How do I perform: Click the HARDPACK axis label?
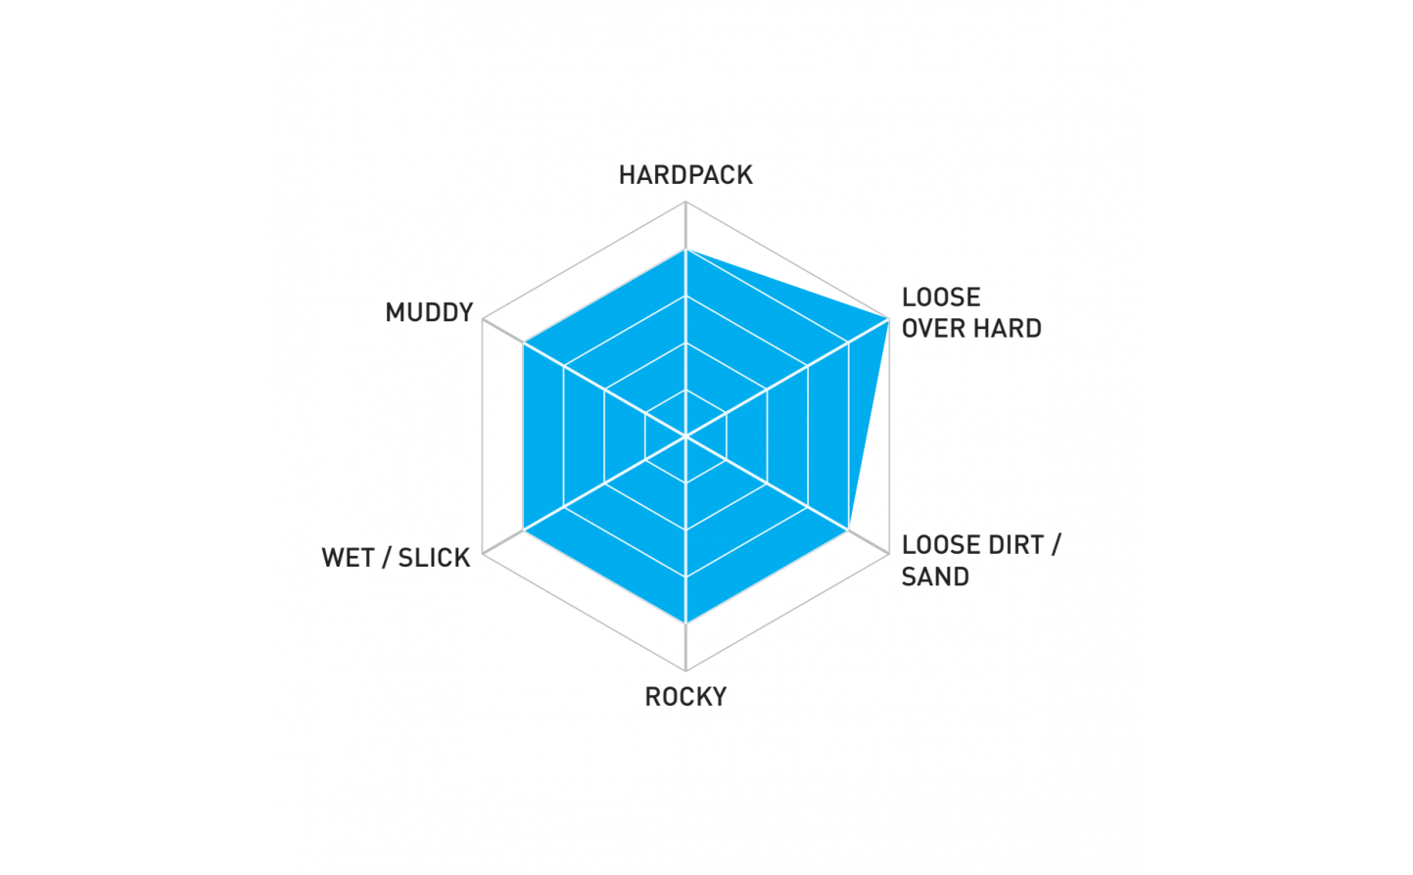click(685, 175)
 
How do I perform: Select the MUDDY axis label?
click(429, 312)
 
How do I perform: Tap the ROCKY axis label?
click(685, 697)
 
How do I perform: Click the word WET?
click(349, 558)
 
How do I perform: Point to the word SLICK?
click(434, 558)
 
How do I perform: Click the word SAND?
click(935, 576)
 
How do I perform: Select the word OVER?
click(933, 329)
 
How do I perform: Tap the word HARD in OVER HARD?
click(1008, 329)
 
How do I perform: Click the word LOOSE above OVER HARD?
click(941, 298)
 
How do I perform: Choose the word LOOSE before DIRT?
click(940, 545)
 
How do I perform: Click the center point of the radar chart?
click(685, 437)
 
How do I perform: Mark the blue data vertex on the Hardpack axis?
click(685, 250)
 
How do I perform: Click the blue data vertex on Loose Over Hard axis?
click(889, 319)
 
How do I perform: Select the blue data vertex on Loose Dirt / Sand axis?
click(848, 530)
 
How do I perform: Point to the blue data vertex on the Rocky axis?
click(685, 623)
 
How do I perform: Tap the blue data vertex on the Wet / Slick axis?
click(524, 530)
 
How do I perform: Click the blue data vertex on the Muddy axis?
click(524, 343)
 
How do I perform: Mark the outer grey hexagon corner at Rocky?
click(685, 670)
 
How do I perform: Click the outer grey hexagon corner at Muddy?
click(483, 320)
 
